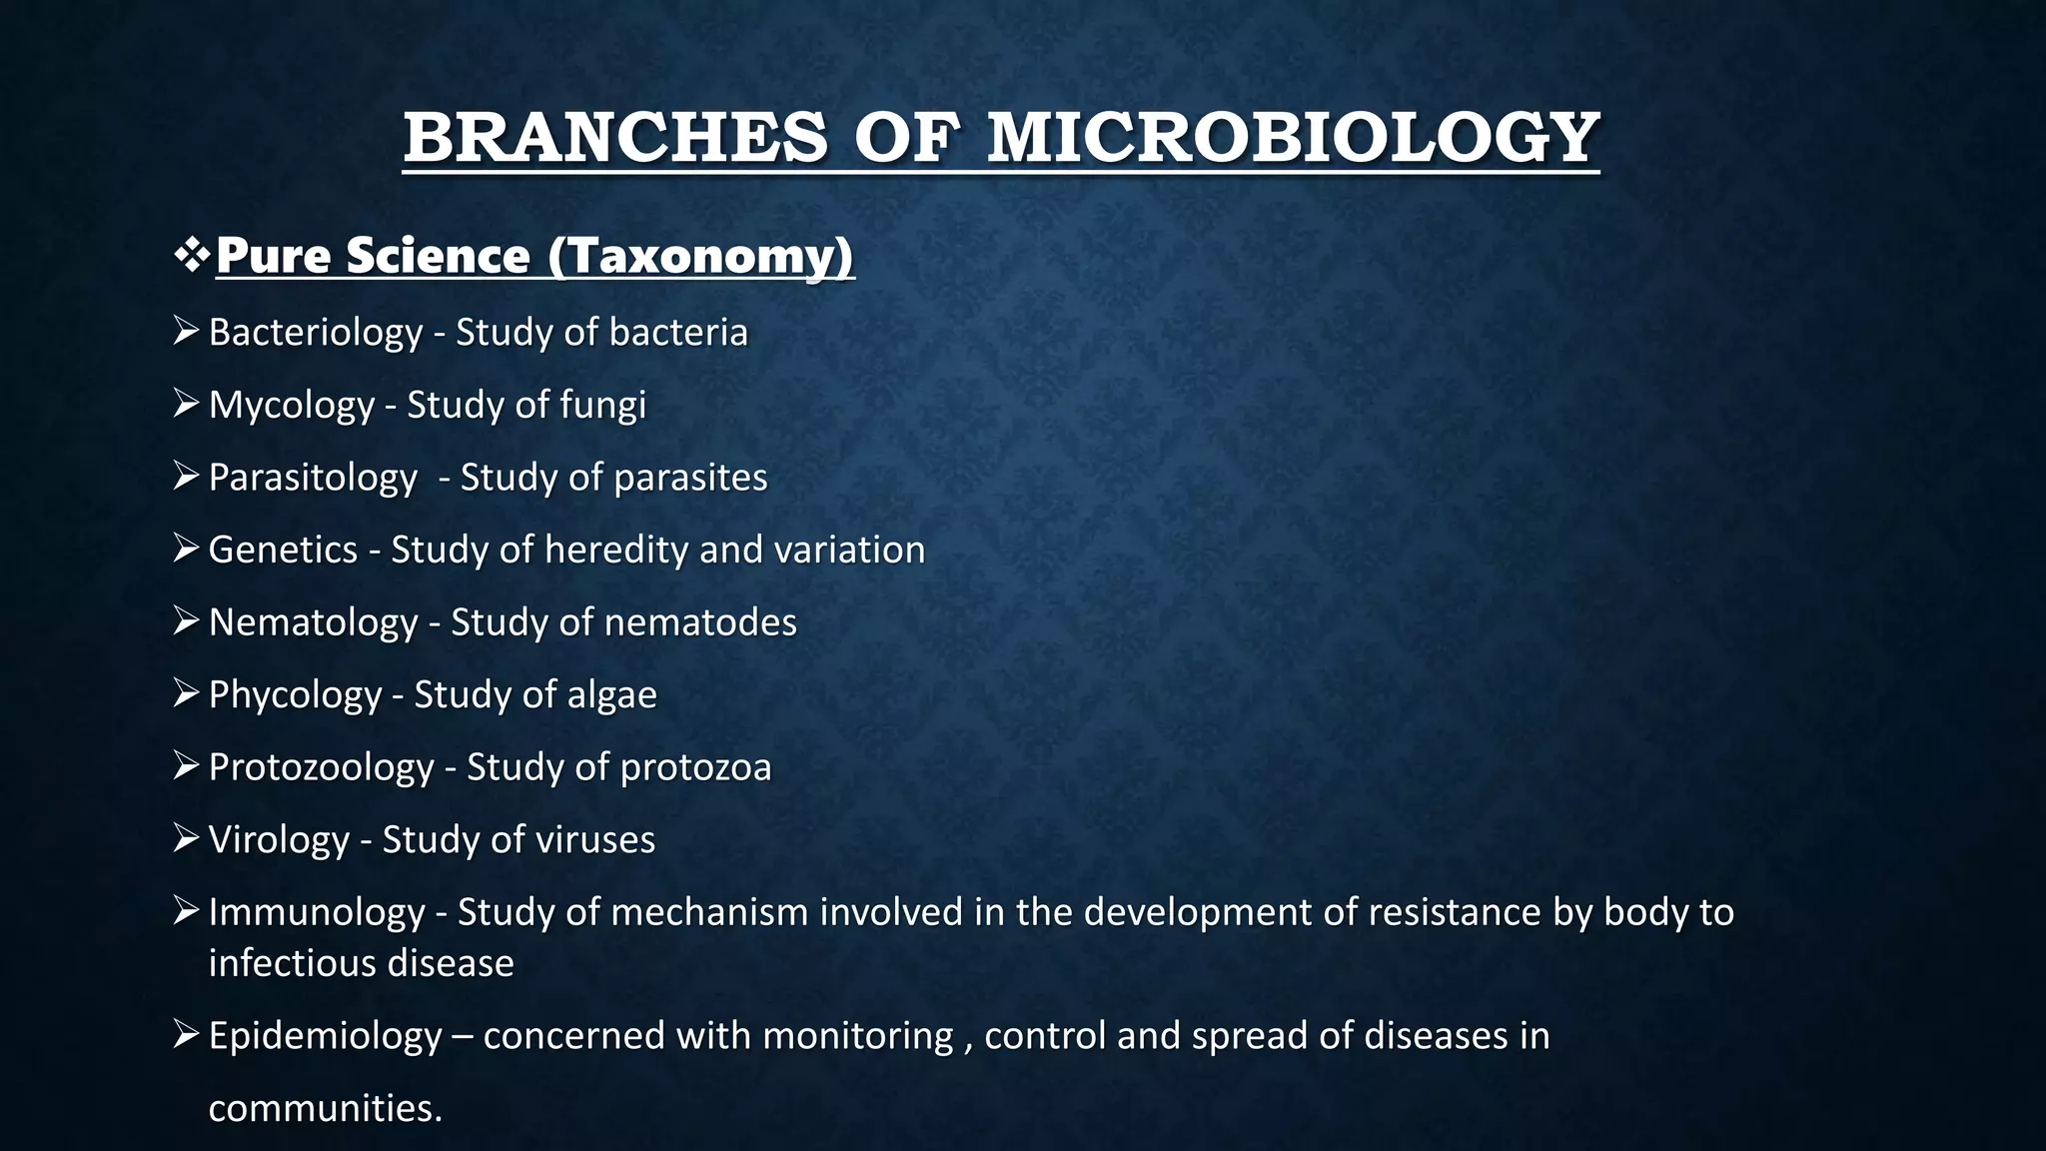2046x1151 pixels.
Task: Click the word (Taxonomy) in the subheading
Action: click(700, 256)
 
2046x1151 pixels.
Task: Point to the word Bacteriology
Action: click(315, 333)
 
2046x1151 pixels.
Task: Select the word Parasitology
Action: click(313, 478)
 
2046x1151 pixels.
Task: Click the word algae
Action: click(611, 694)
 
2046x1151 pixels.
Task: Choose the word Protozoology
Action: click(321, 767)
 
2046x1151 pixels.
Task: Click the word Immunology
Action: click(317, 912)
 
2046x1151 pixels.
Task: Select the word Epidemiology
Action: click(325, 1036)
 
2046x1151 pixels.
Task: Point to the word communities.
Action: click(325, 1108)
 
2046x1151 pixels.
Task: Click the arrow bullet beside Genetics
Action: click(186, 549)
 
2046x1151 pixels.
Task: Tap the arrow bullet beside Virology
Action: click(186, 838)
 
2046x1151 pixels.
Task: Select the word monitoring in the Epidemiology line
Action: click(857, 1036)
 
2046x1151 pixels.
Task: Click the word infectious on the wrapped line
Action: click(292, 963)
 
